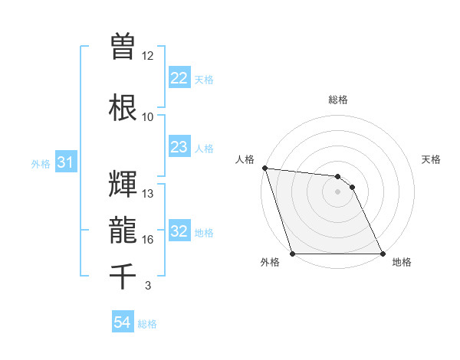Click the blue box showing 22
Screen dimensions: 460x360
[179, 78]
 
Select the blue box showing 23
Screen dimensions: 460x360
[179, 147]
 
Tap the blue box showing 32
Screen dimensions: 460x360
[179, 232]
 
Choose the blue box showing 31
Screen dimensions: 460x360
[65, 163]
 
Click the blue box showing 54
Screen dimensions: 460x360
[122, 322]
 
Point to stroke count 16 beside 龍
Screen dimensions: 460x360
[148, 240]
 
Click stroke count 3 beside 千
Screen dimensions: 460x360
[148, 286]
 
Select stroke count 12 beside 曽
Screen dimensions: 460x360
[148, 56]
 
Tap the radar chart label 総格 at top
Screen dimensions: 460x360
[338, 100]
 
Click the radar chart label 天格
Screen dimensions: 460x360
[432, 159]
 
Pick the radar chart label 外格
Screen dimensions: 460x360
[269, 262]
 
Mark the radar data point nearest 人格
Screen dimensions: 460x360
[264, 168]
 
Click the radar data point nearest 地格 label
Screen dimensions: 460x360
[383, 254]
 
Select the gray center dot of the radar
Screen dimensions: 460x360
[337, 191]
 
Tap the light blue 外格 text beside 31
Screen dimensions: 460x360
[41, 164]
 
